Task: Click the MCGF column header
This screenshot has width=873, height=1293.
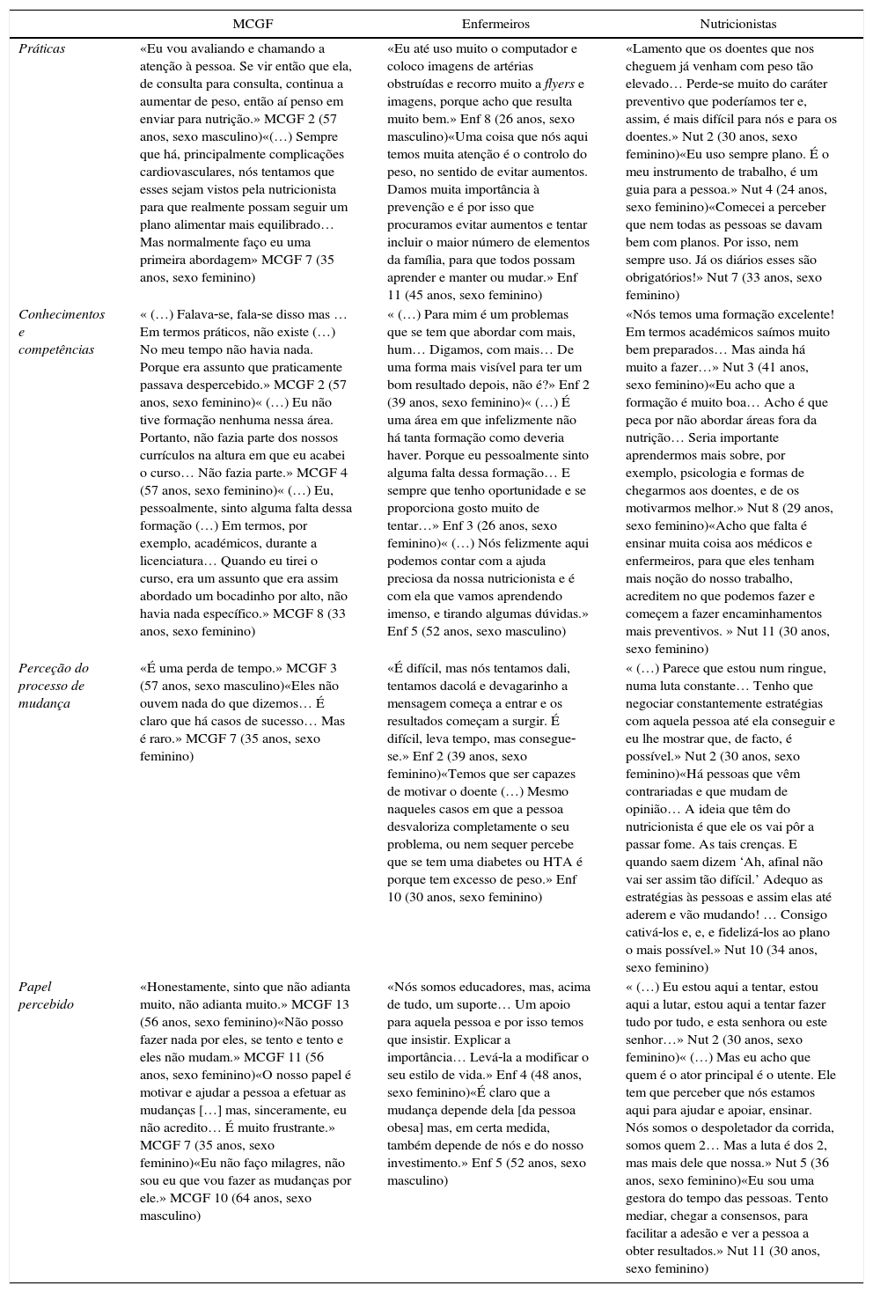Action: (253, 24)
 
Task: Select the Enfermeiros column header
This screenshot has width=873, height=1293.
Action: (495, 24)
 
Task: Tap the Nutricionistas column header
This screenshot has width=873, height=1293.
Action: (737, 24)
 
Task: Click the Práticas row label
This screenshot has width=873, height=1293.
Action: (42, 48)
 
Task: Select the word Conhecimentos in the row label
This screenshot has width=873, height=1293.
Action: (62, 314)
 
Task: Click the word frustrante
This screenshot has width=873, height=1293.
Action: (296, 1128)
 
